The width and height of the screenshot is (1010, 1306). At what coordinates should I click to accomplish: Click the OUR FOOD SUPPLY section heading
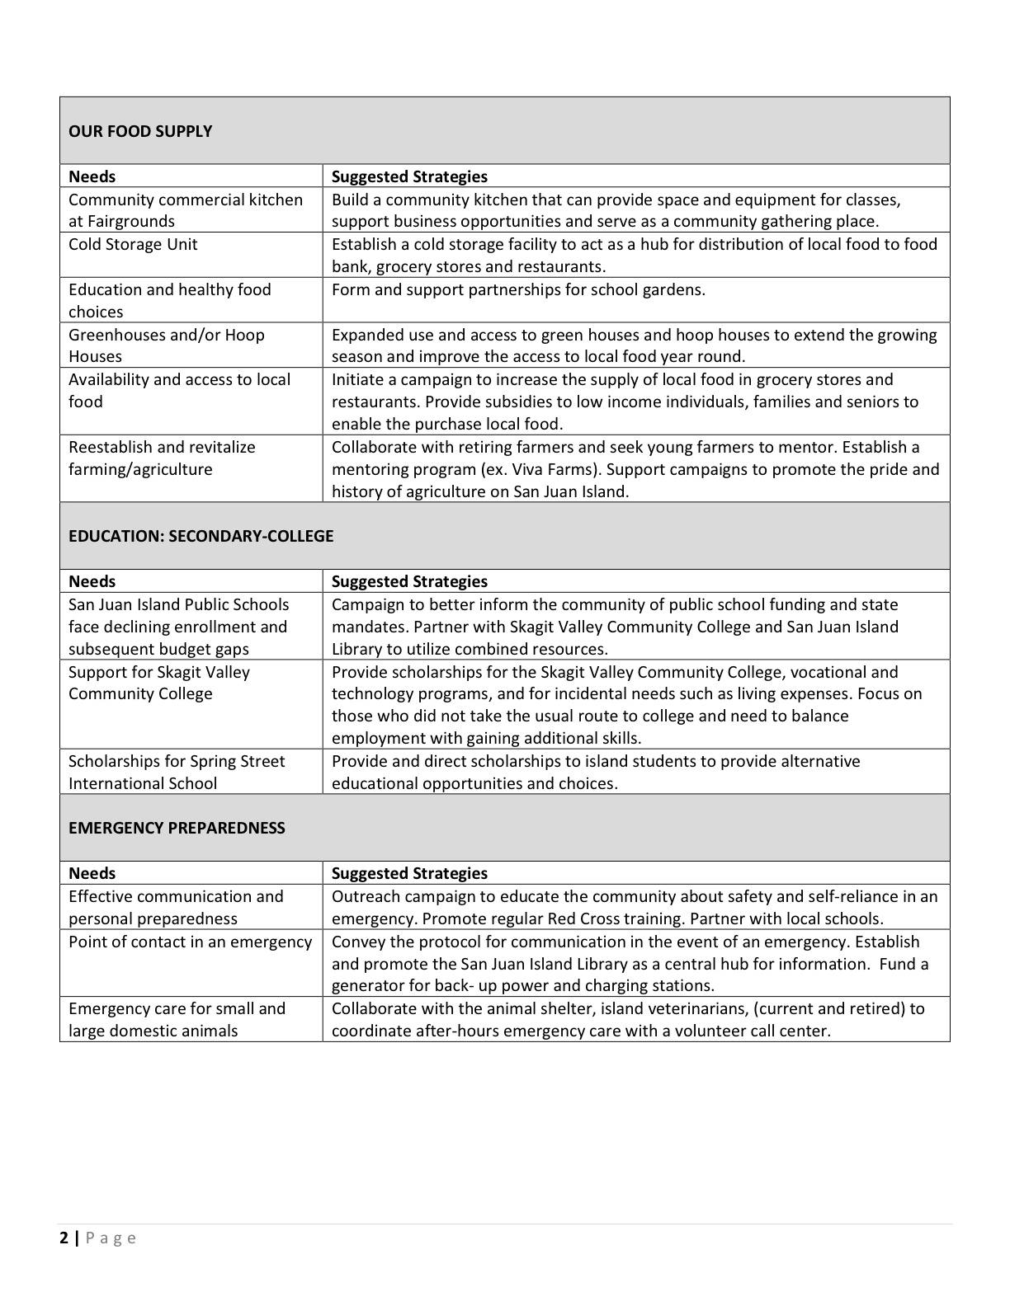point(140,131)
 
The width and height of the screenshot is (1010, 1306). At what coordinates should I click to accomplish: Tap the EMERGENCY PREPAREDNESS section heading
point(177,828)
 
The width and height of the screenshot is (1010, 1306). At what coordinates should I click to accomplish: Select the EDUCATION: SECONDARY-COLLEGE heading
point(201,536)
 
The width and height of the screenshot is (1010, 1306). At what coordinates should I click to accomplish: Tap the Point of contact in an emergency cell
point(190,942)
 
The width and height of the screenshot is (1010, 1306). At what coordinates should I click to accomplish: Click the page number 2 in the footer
point(64,1238)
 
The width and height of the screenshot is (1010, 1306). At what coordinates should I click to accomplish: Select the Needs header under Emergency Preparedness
point(92,873)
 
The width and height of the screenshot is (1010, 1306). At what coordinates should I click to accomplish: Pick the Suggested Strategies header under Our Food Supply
point(409,176)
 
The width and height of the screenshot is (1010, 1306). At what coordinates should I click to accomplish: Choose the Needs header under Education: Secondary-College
point(92,581)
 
